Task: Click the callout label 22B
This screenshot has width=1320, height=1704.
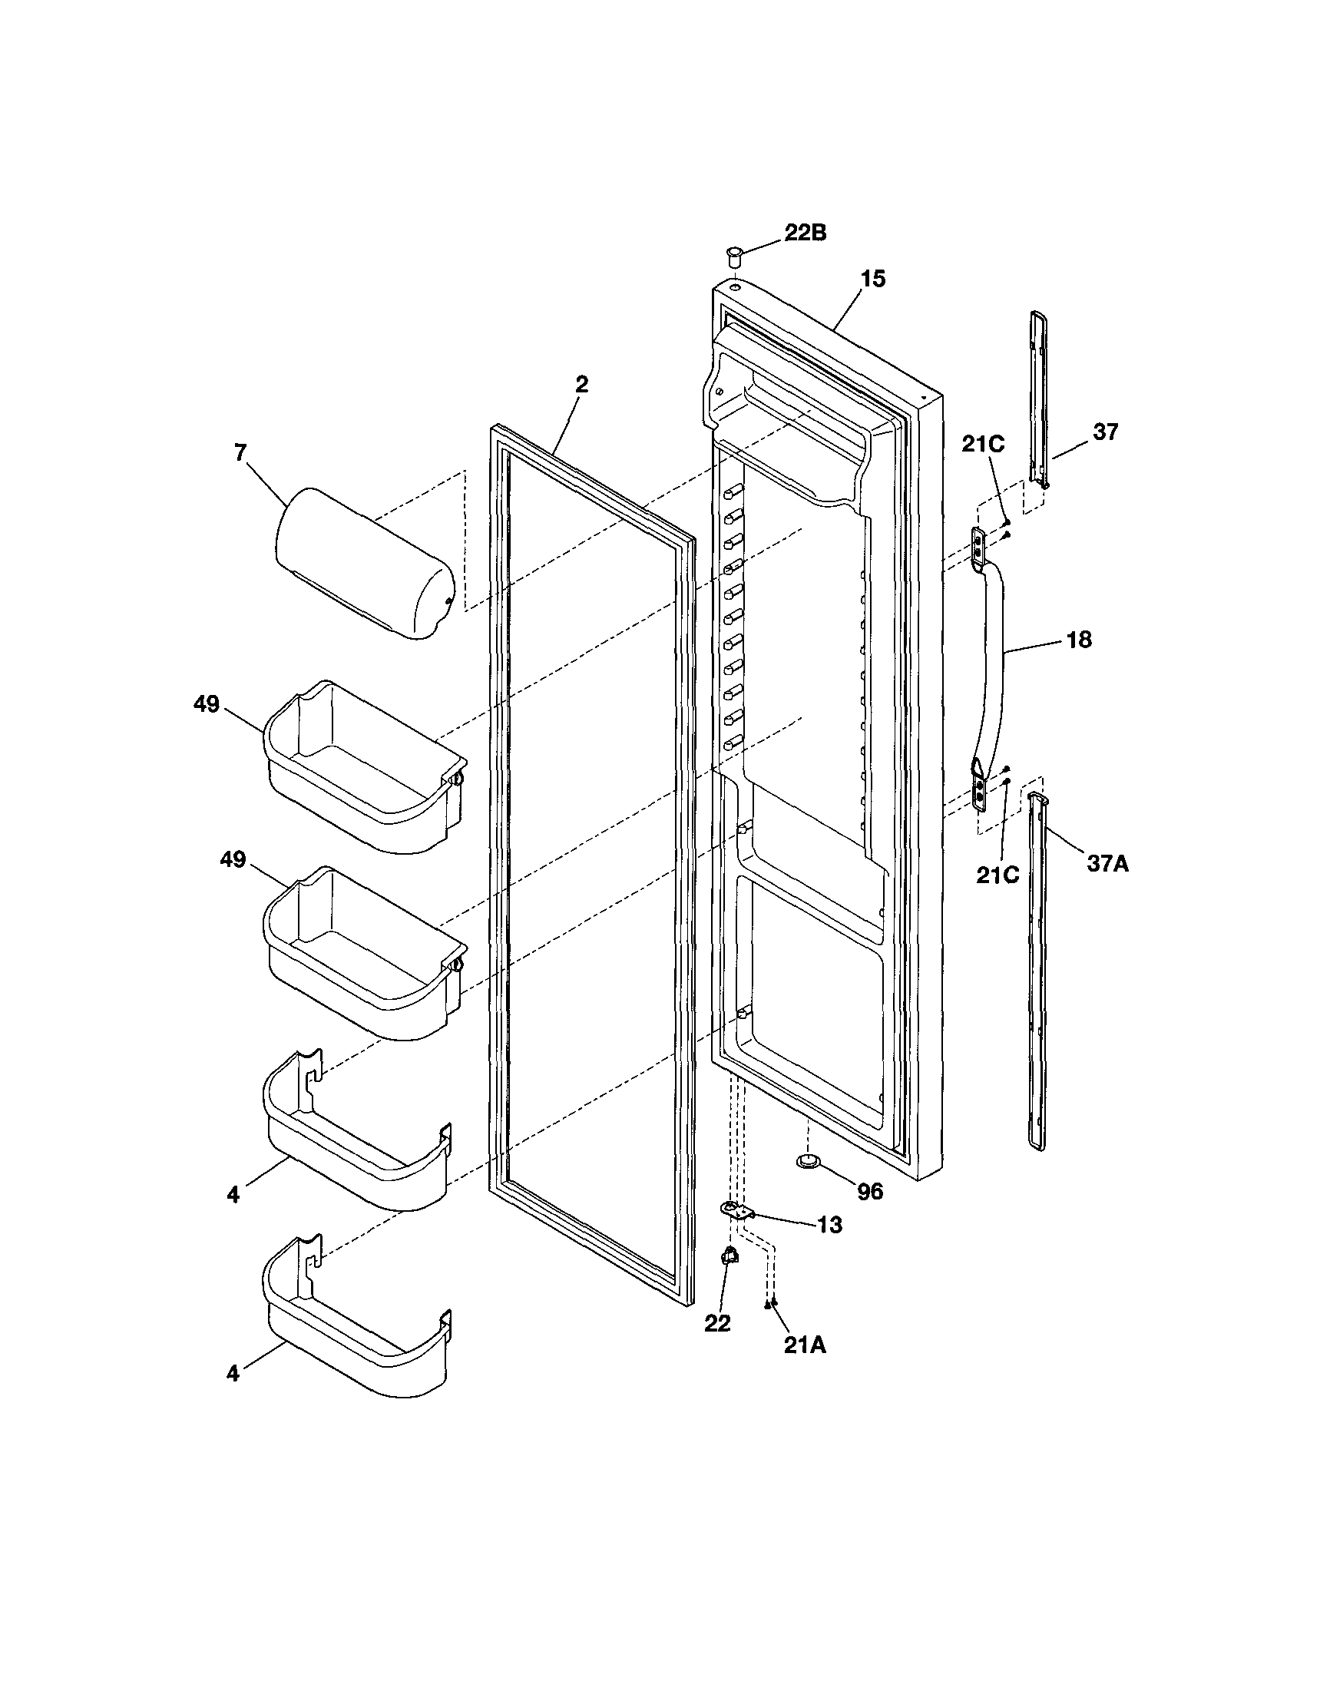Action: click(x=805, y=233)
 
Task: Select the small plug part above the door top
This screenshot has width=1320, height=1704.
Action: click(x=734, y=254)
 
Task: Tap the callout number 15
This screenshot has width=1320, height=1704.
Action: click(x=873, y=280)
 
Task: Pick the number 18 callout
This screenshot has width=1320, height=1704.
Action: click(x=1079, y=640)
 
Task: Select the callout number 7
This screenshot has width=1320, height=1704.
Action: click(x=240, y=452)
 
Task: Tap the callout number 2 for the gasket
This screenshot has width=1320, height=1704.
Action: click(x=581, y=385)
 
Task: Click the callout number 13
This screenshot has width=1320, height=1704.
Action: click(x=830, y=1226)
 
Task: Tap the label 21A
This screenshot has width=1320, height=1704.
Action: click(x=804, y=1345)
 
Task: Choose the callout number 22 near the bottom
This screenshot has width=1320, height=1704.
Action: click(x=718, y=1324)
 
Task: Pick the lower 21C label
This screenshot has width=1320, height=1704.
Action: click(x=997, y=875)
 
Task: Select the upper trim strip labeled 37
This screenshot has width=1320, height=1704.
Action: click(x=1038, y=398)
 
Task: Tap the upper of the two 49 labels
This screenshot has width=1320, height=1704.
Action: click(x=207, y=704)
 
